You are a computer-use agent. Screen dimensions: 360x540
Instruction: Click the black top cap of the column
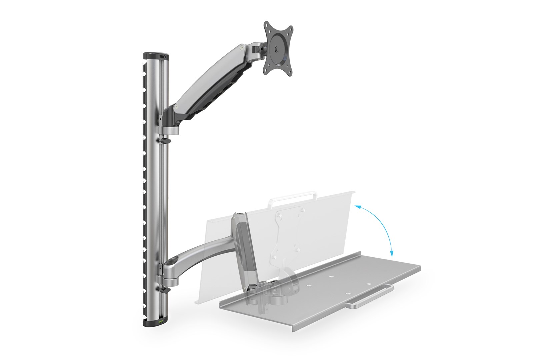tap(155, 55)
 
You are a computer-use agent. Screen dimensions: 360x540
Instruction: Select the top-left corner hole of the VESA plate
tap(267, 26)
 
